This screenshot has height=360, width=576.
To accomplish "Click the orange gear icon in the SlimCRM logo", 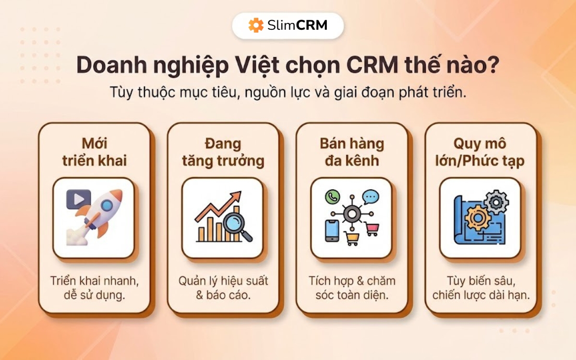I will point(256,25).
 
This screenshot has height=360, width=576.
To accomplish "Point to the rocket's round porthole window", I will point(107,205).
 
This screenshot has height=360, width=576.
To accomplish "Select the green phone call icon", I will point(332,196).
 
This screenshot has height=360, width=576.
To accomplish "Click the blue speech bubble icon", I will point(371,197).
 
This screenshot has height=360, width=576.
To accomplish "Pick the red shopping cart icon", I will point(372,229).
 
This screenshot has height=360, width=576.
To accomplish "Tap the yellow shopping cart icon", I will point(351,239).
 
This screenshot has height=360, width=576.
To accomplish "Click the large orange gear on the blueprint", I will point(478,218).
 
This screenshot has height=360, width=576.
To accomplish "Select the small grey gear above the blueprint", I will point(497,202).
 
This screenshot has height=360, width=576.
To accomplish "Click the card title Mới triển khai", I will point(94,152).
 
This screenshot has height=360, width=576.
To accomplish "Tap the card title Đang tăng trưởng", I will point(223,152).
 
